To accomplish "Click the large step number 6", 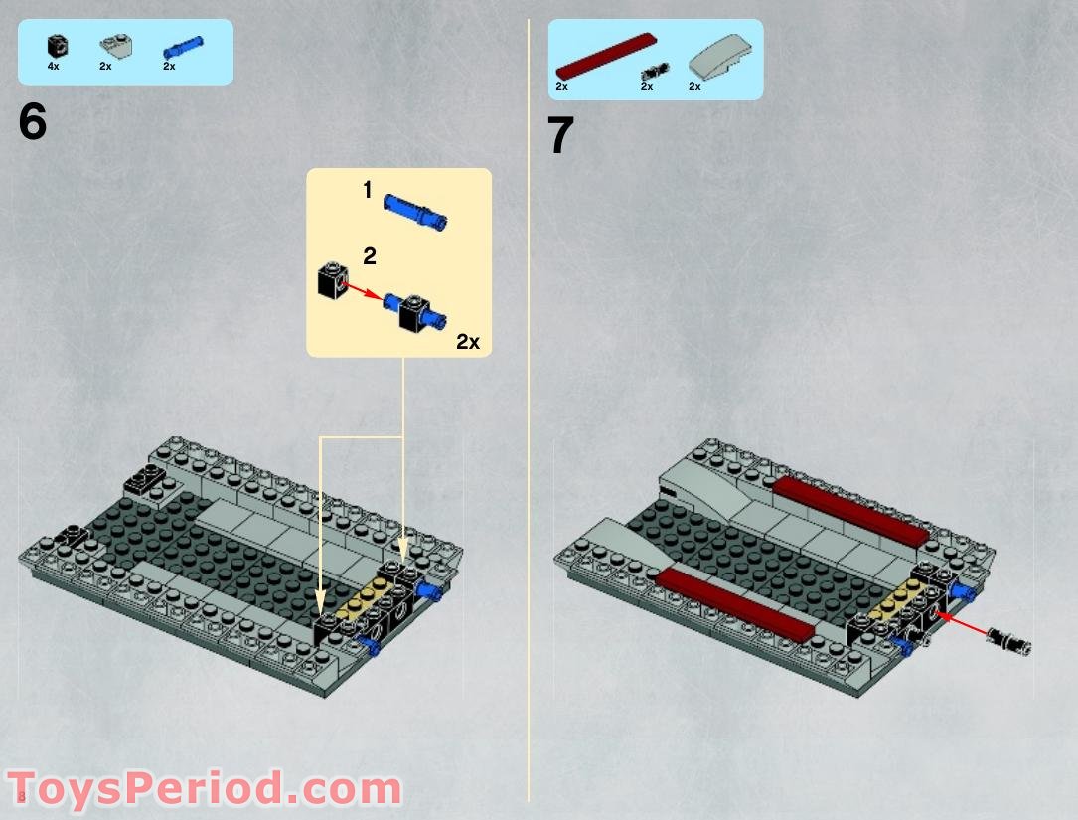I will point(32,122).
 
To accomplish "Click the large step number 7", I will point(561,136).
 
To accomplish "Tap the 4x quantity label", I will point(54,66).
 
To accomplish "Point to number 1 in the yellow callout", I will point(368,190).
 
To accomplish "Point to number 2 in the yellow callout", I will point(370,256).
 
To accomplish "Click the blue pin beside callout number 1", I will point(413,208).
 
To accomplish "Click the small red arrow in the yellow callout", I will point(363,291).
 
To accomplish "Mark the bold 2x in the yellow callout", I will point(467,342).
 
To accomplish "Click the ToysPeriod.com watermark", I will point(204,789).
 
